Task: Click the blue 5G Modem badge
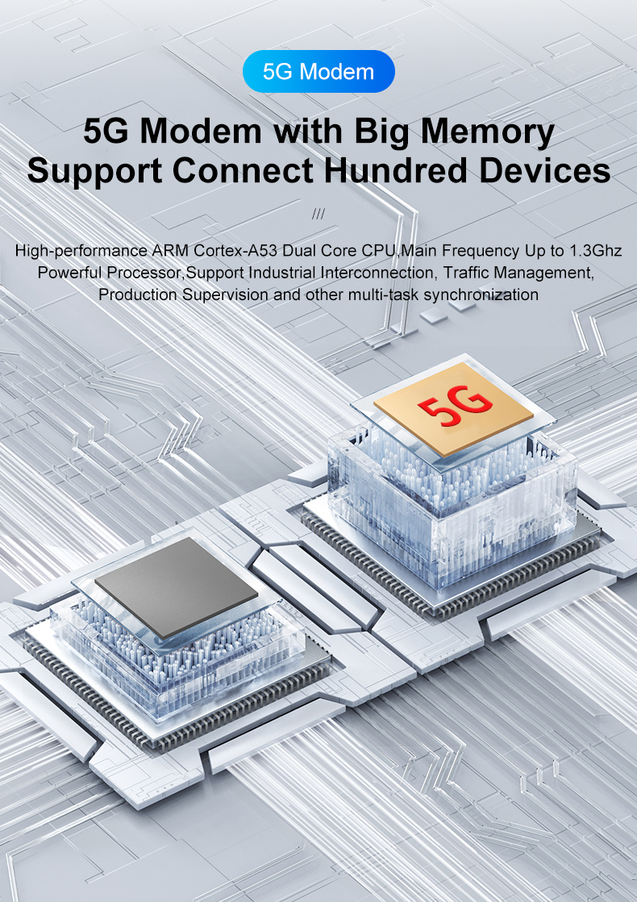point(318,71)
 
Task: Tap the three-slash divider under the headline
point(318,214)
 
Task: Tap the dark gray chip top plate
point(177,587)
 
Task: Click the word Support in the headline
point(94,171)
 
